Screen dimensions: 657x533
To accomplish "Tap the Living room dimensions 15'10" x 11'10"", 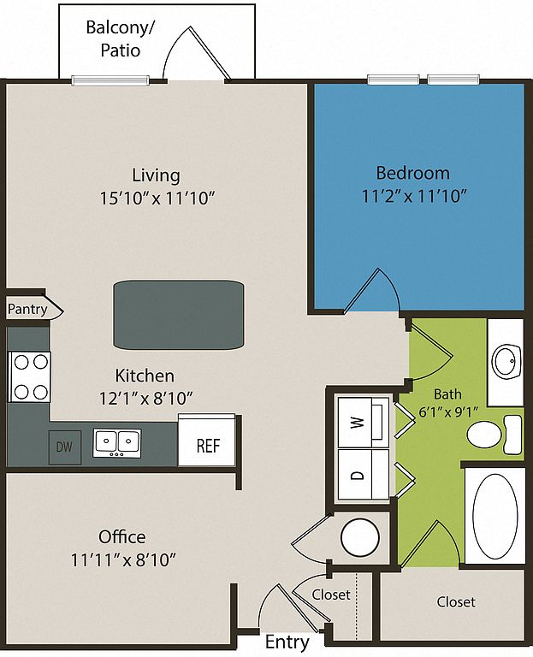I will [156, 198].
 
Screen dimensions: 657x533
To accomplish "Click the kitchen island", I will [179, 315].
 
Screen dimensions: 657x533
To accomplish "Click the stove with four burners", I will [30, 377].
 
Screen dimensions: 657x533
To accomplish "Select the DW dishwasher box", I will [64, 446].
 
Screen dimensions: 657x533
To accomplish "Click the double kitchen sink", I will [117, 441].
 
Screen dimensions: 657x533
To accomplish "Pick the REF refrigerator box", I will [208, 445].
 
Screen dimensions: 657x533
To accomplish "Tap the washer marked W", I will [360, 420].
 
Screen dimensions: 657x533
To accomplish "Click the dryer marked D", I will [360, 472].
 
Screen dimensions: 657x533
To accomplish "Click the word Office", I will [121, 536].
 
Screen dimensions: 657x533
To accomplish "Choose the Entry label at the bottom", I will [287, 642].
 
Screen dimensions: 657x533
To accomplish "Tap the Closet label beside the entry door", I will [330, 594].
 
